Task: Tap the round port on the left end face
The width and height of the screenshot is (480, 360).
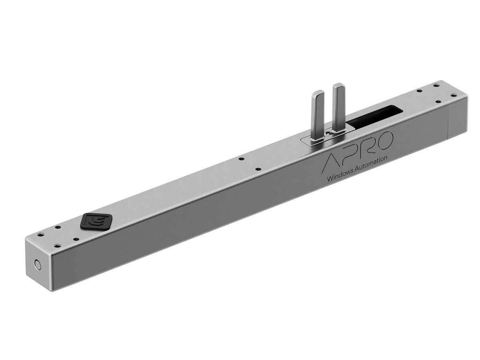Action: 38,264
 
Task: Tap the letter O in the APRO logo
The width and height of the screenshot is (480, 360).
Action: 386,139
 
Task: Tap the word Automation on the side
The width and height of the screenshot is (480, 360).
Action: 372,162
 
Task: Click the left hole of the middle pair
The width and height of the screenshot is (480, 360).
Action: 241,159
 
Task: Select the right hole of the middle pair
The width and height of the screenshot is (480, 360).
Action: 258,169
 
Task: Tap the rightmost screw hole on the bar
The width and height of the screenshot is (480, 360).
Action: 453,95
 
